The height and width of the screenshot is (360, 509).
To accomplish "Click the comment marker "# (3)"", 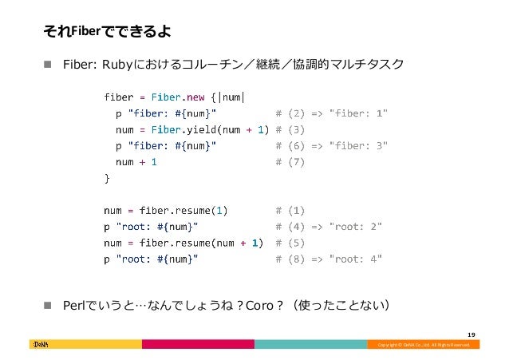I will click(290, 129).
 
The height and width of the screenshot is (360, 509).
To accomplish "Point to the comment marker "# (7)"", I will click(290, 162).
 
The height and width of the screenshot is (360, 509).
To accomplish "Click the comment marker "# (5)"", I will click(290, 243).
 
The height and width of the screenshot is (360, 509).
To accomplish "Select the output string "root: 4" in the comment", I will click(355, 259).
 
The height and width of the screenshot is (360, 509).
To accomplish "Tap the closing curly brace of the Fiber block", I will click(108, 179).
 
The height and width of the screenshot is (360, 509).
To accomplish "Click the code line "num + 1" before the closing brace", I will click(136, 162).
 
